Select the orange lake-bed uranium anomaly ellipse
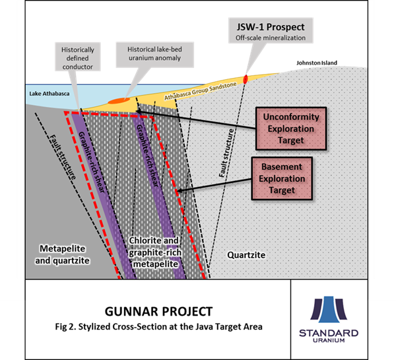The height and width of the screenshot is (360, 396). click(119, 101)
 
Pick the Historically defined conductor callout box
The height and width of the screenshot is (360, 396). click(79, 59)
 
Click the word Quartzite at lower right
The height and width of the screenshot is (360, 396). click(246, 254)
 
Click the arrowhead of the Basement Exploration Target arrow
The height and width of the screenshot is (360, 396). click(178, 191)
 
